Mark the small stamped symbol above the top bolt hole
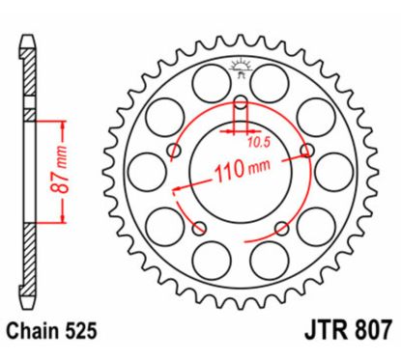(x=241, y=68)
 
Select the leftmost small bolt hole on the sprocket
(x=174, y=151)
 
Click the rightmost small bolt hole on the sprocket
(x=307, y=151)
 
